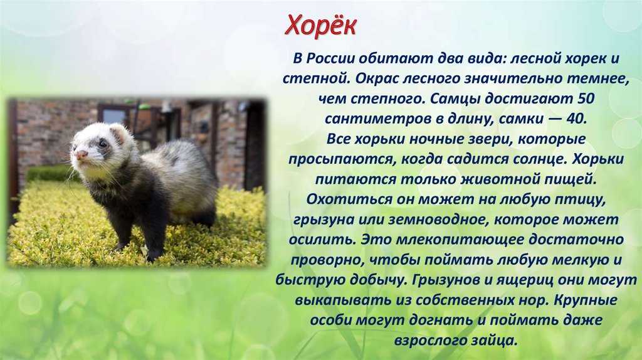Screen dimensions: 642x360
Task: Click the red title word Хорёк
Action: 320,26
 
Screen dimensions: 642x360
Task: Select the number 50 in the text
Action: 585,98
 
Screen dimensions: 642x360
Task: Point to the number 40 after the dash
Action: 576,119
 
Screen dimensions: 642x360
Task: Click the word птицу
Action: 582,200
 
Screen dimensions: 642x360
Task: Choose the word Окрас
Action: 377,78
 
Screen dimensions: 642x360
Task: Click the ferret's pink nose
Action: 81,155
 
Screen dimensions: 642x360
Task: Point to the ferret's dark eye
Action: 102,144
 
